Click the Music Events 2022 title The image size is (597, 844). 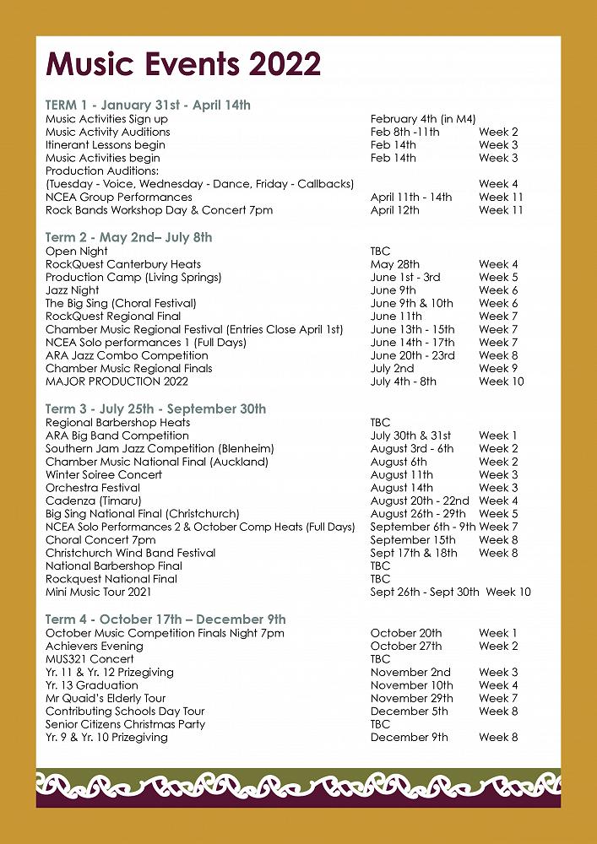183,64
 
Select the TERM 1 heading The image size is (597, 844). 148,105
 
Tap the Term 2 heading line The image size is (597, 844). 128,237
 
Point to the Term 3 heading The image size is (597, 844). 155,408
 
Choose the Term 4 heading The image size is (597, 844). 166,619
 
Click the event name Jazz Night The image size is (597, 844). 73,290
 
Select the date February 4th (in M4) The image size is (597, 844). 423,119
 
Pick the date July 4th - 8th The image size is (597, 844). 404,381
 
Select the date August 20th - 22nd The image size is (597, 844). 419,500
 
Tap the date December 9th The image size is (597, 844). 409,737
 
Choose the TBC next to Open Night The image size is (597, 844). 380,251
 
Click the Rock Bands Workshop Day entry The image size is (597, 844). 159,210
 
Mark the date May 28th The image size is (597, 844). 394,264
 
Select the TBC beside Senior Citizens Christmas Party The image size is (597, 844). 380,724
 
